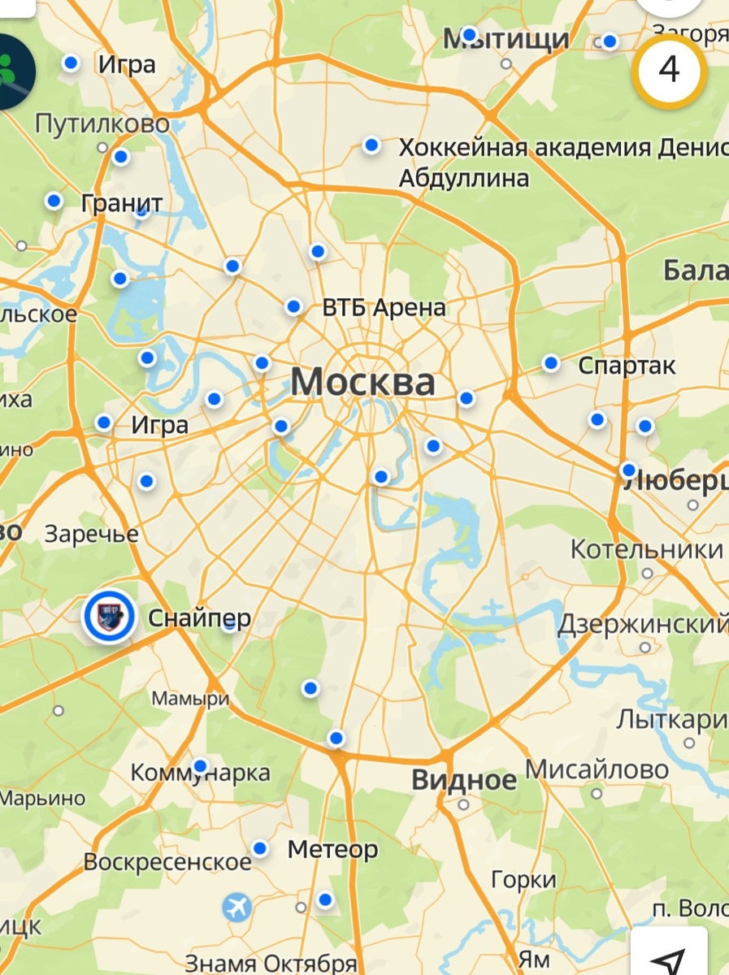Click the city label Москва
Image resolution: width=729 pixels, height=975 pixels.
coord(363,382)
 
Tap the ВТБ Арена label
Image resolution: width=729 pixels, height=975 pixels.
coord(384,308)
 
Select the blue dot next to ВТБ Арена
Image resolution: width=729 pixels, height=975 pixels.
coord(293,307)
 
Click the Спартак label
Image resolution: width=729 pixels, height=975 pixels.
coord(627,366)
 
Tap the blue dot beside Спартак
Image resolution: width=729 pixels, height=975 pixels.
coord(551,363)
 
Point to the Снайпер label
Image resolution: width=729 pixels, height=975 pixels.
coord(199,619)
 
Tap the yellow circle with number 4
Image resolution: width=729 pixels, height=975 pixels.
coord(669,71)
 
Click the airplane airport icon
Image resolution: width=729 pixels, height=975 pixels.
coord(237,907)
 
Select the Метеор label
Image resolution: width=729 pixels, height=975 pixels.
coord(333,850)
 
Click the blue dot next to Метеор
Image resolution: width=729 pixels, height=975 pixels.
coord(260,848)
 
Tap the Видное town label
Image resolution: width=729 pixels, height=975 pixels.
coord(463,780)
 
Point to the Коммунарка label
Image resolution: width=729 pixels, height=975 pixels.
coord(200,772)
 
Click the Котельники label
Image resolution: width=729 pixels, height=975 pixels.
coord(646,549)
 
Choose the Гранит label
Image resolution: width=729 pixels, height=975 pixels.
coord(122,202)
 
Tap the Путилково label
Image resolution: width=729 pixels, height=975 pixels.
coord(102,124)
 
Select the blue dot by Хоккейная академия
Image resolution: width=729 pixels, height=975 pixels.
coord(371,145)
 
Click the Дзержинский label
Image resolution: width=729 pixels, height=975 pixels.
coord(642,625)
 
